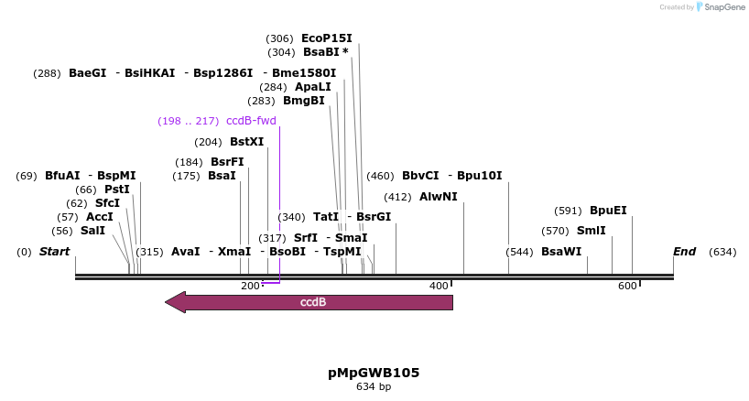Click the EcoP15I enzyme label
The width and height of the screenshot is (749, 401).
click(326, 38)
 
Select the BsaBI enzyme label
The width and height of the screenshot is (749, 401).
click(321, 52)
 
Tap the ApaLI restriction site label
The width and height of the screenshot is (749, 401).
click(312, 87)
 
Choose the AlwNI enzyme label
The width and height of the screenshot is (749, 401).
click(439, 197)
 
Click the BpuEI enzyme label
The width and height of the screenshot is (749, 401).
click(608, 211)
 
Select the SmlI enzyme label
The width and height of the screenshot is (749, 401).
click(591, 231)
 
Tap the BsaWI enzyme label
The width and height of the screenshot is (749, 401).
click(560, 252)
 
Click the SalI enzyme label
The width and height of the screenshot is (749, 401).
click(92, 231)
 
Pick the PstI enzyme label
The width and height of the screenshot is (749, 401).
click(116, 190)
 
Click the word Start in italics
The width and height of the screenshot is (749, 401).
click(54, 252)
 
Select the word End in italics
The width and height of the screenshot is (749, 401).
click(684, 252)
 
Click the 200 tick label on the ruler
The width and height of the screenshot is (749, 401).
click(250, 287)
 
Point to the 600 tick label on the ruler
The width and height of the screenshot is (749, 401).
click(627, 287)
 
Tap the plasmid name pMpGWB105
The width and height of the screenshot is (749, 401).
click(374, 373)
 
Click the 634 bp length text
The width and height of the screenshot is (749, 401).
click(374, 387)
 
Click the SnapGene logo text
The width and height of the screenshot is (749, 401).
click(723, 7)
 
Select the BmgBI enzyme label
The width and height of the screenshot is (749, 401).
click(303, 101)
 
